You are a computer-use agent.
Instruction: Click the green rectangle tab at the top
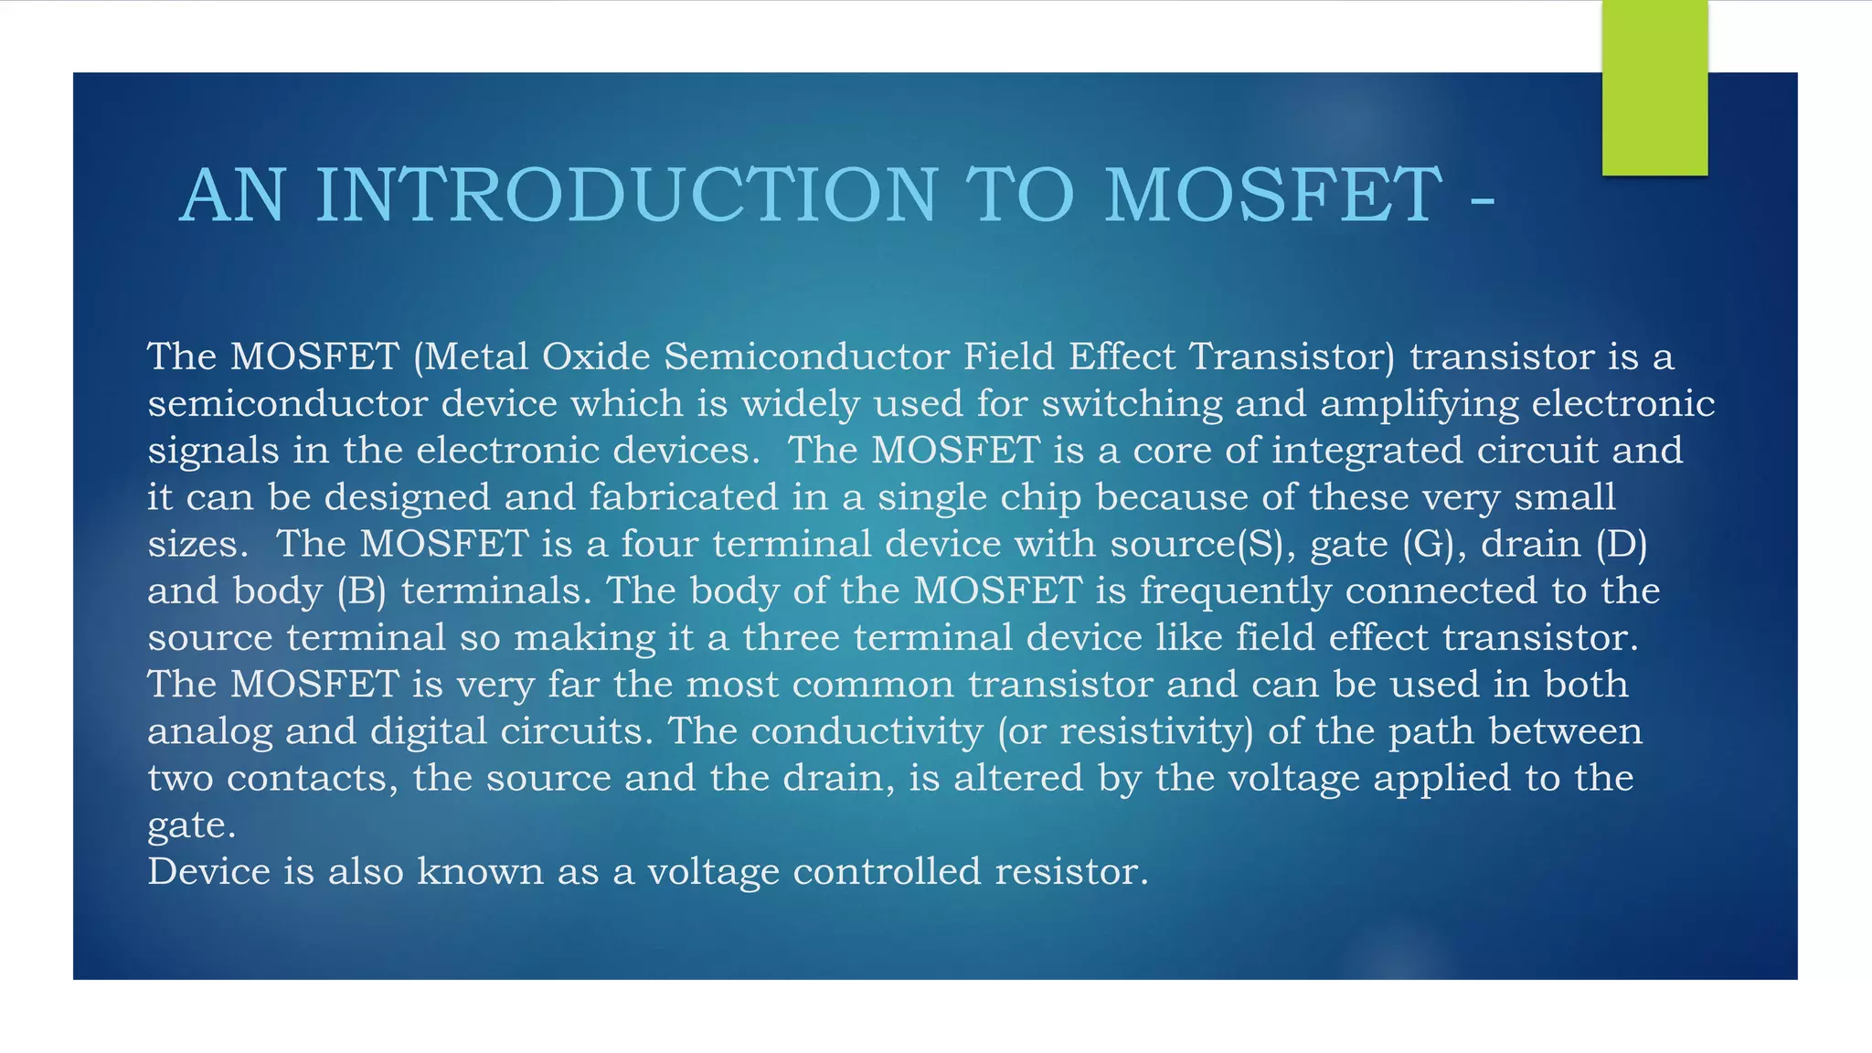pos(1654,88)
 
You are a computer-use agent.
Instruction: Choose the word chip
pos(1041,497)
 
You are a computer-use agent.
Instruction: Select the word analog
pos(209,731)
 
